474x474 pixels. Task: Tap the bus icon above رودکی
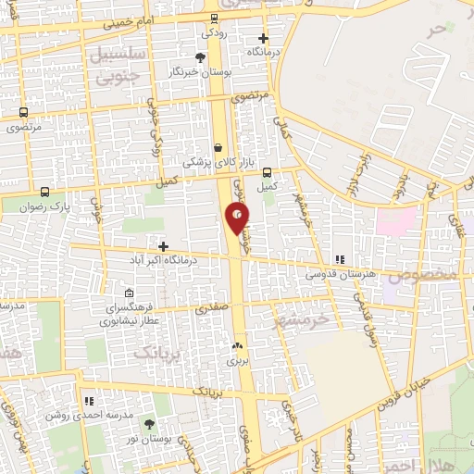215,18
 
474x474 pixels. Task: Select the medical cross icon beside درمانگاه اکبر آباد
164,246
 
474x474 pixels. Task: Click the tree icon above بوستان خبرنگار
200,57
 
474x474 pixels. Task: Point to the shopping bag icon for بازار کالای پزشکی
218,147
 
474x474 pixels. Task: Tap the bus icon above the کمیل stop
267,172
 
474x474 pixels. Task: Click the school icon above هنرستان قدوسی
339,260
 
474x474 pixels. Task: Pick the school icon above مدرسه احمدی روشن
90,401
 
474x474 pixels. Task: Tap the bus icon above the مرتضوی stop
23,113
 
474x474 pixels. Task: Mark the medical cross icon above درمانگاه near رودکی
264,39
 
